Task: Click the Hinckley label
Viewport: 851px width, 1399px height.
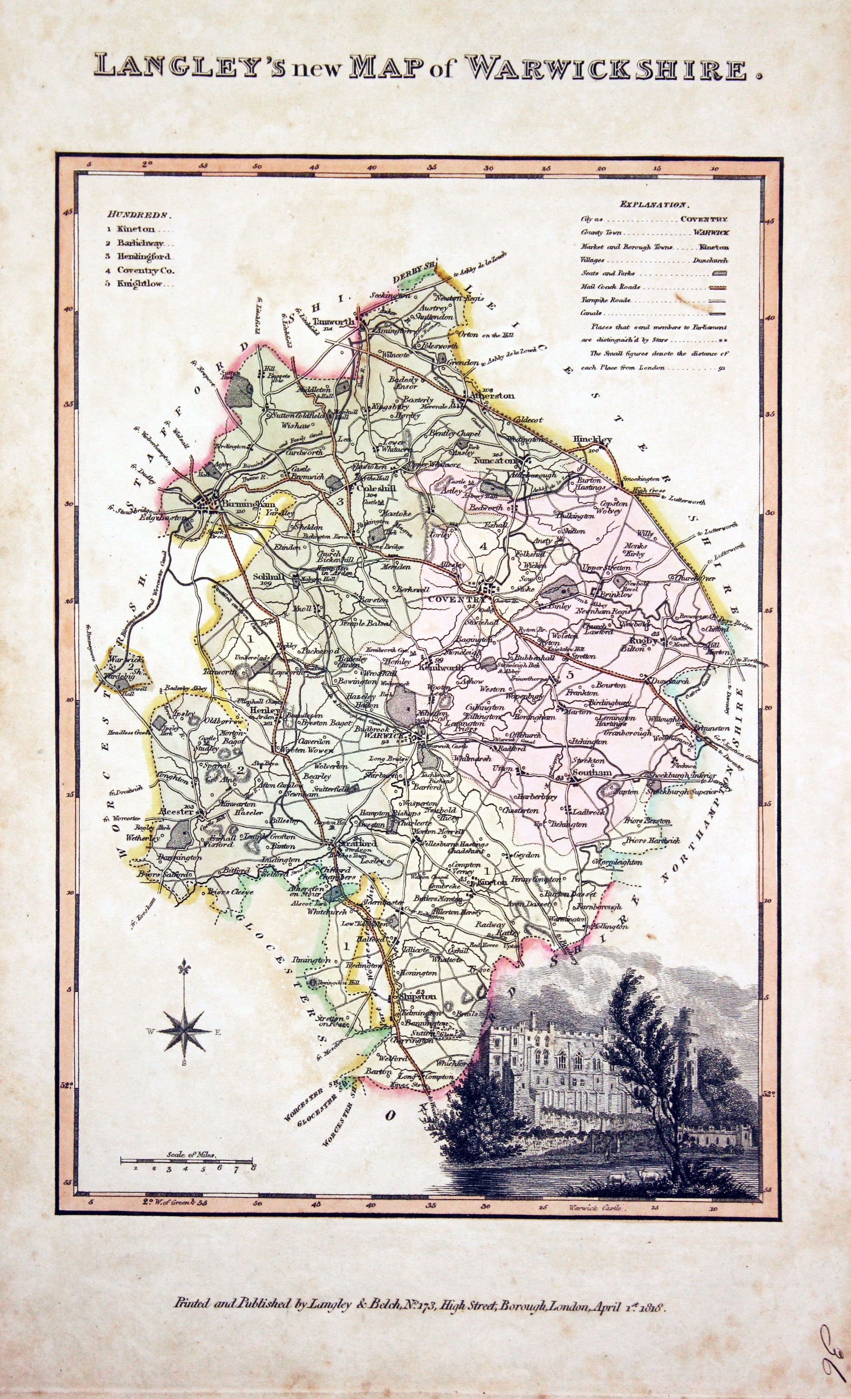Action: point(592,439)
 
